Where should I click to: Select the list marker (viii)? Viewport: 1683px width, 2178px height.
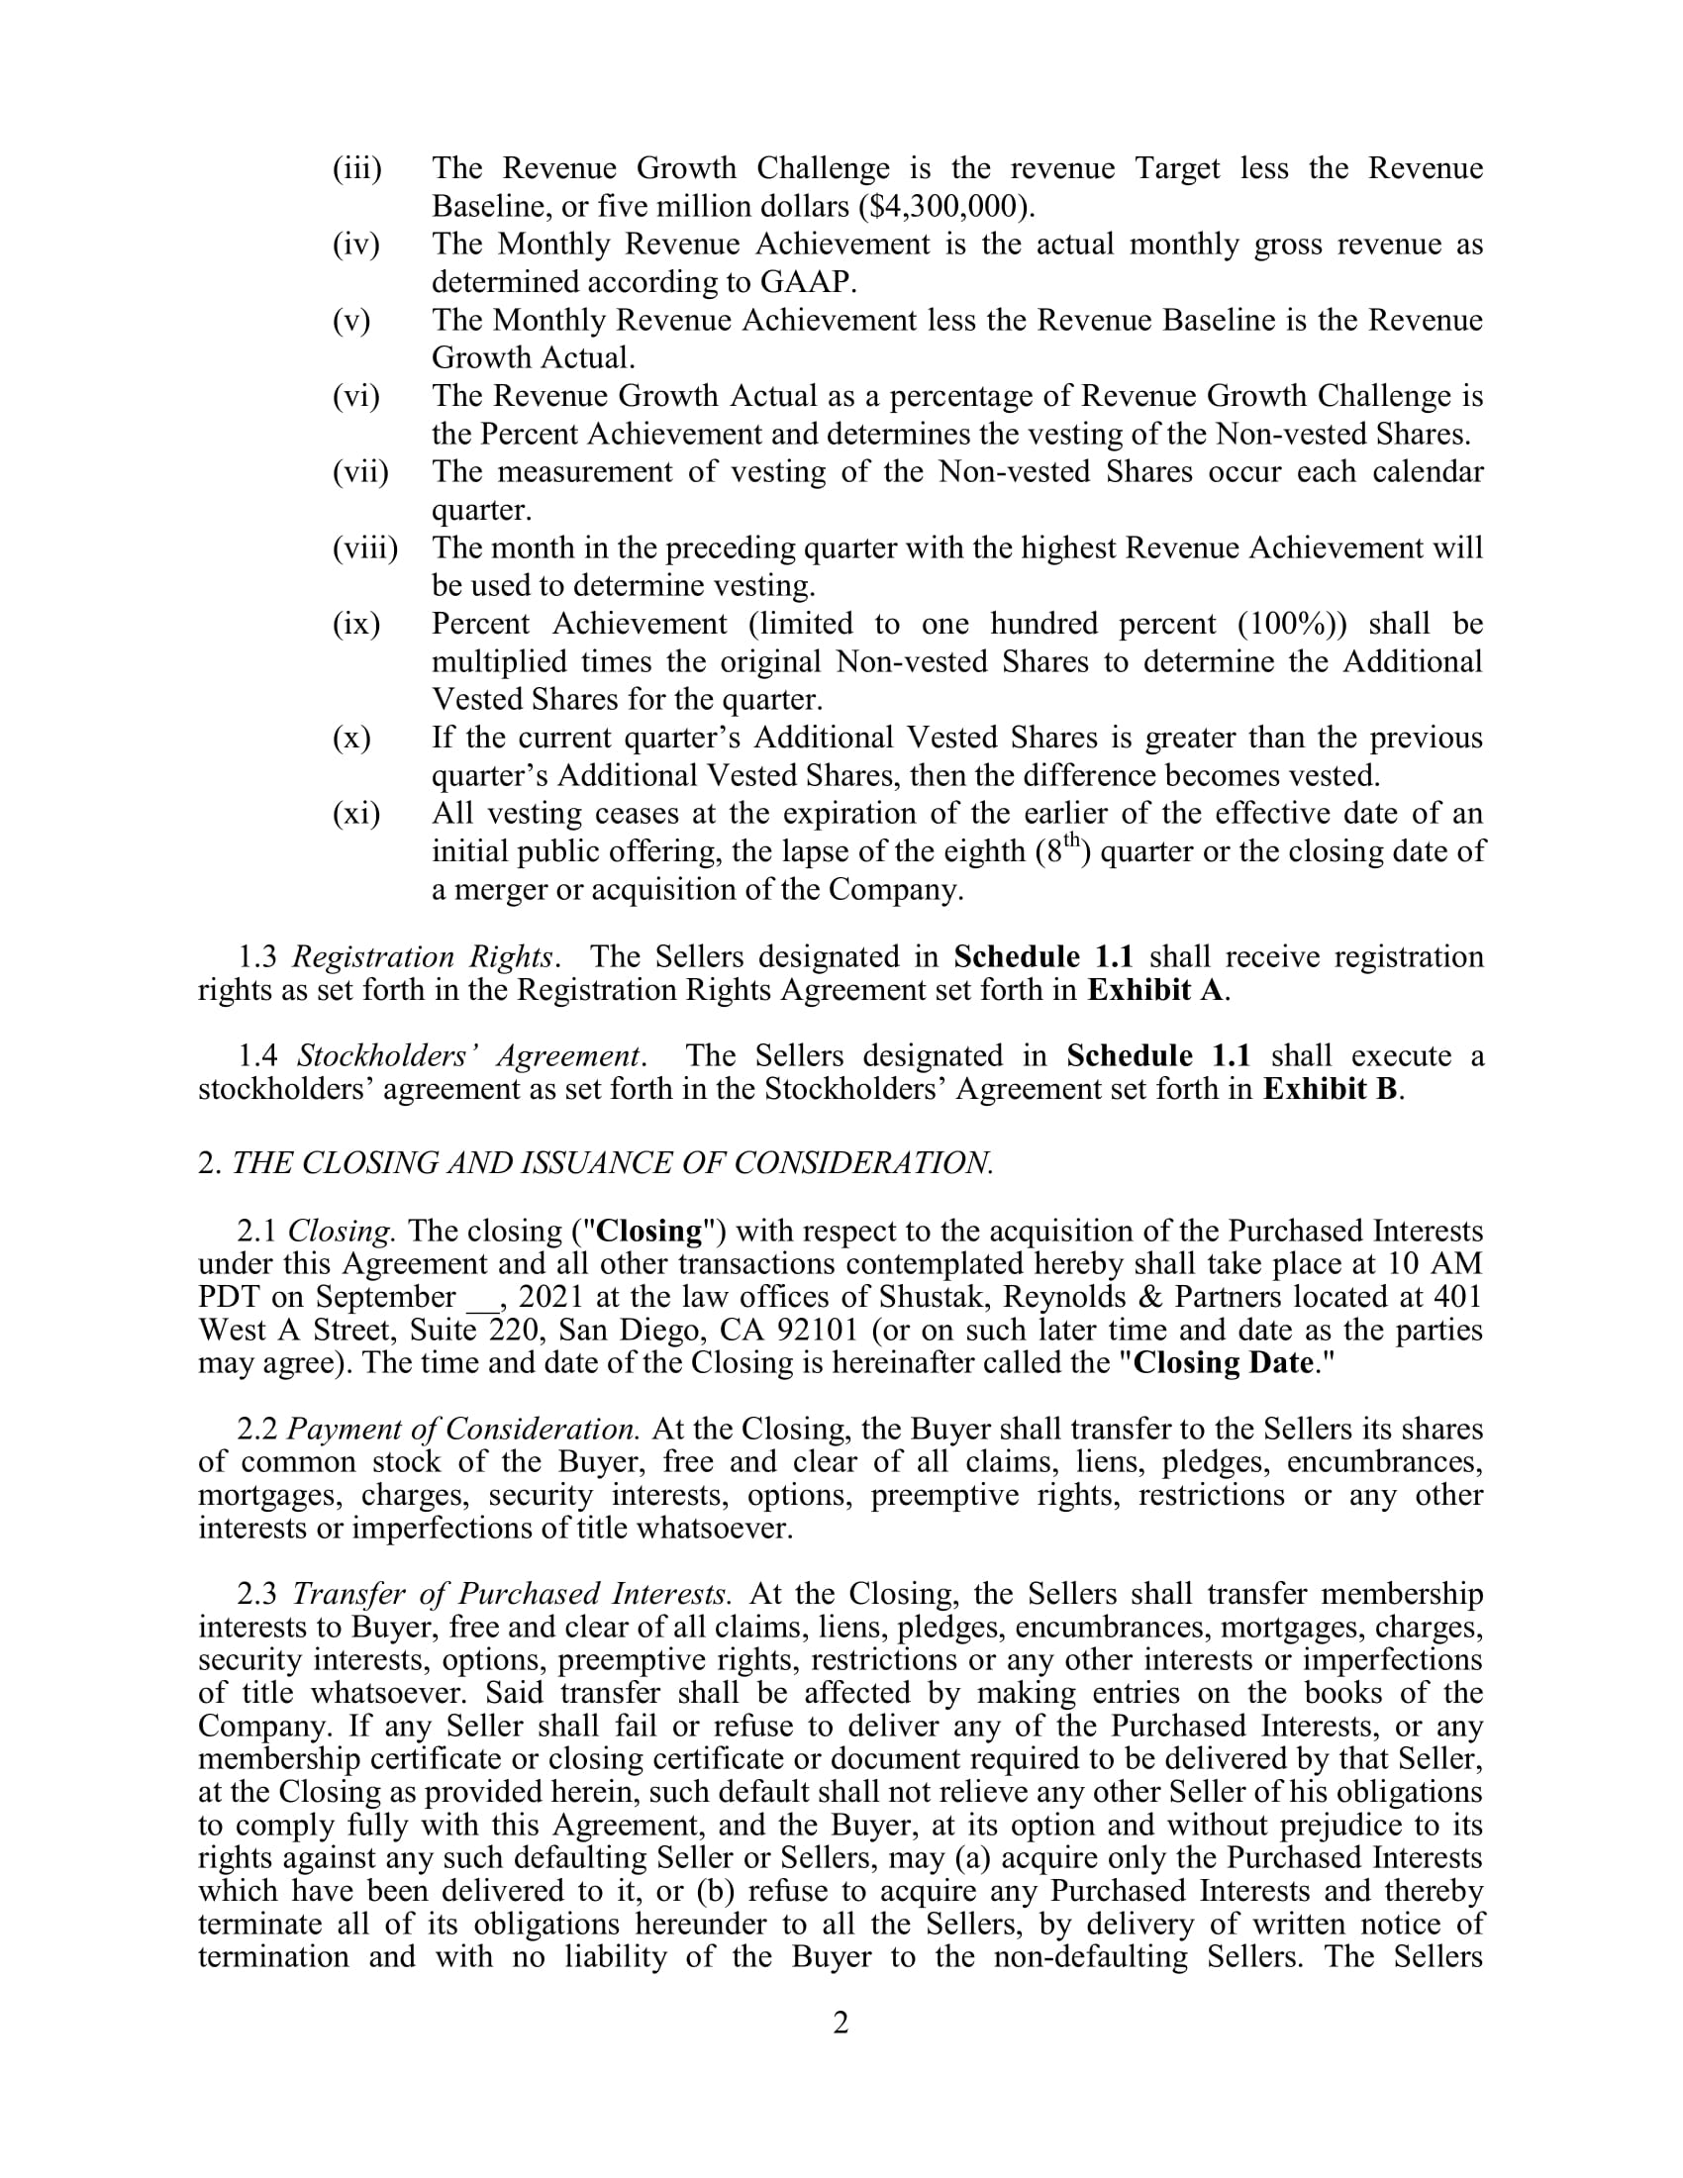(365, 547)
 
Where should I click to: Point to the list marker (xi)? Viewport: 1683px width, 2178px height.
(356, 814)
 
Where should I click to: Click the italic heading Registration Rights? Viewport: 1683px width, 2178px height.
(423, 957)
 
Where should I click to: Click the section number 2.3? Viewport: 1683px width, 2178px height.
(257, 1594)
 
